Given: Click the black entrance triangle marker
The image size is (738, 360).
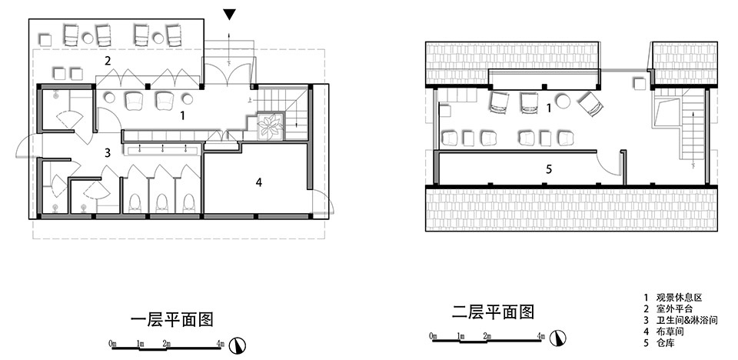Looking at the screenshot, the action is [x=229, y=15].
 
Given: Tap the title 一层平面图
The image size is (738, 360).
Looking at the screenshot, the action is [x=171, y=319].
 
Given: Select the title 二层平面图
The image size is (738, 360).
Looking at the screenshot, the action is [x=494, y=312].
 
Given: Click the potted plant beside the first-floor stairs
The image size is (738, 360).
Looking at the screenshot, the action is [x=270, y=126].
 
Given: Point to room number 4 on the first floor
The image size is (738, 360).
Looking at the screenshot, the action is [x=259, y=182].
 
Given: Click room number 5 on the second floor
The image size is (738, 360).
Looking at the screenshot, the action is [x=549, y=169].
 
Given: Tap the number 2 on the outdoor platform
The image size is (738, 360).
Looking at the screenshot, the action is [x=108, y=60].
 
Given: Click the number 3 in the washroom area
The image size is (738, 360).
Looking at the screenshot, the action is [x=108, y=153].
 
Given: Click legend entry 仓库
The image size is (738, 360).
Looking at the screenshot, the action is [x=665, y=343].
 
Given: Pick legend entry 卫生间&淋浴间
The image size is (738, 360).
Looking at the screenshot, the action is [x=686, y=321].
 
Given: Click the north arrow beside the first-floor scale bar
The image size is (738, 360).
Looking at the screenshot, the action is [x=238, y=346].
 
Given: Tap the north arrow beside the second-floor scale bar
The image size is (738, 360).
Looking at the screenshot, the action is [x=559, y=338].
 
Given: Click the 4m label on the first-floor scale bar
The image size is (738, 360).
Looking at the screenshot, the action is [x=220, y=344].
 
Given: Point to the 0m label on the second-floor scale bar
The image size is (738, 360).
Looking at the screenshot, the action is [x=434, y=335].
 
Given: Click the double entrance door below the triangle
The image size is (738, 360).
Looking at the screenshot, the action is [x=228, y=73].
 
